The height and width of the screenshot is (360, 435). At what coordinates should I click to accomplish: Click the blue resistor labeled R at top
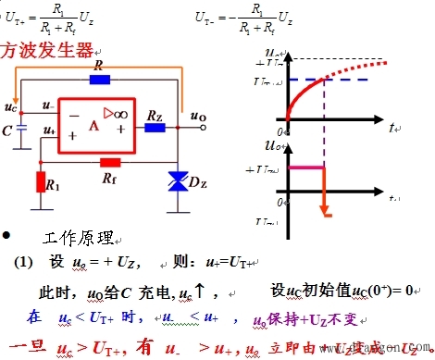(x=100, y=80)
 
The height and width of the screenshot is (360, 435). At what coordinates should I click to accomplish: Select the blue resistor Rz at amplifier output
(x=155, y=126)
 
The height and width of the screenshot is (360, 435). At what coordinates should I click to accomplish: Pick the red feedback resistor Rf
(x=109, y=160)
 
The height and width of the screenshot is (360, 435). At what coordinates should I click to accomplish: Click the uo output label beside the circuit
(x=197, y=117)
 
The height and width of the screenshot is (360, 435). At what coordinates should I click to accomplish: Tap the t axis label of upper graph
(x=391, y=125)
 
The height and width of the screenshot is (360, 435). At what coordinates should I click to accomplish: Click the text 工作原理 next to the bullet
(x=78, y=239)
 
